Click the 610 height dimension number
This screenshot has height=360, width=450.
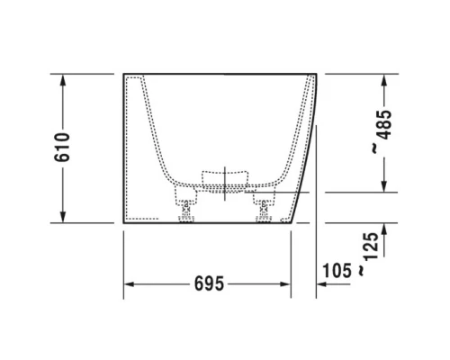[x=62, y=148]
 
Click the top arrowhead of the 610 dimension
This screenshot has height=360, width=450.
[x=62, y=79]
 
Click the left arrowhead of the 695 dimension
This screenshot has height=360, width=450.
[x=129, y=283]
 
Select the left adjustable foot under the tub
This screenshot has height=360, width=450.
[x=187, y=211]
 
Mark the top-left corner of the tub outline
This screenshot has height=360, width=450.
[x=123, y=74]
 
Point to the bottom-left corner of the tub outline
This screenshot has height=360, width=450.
[x=123, y=222]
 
